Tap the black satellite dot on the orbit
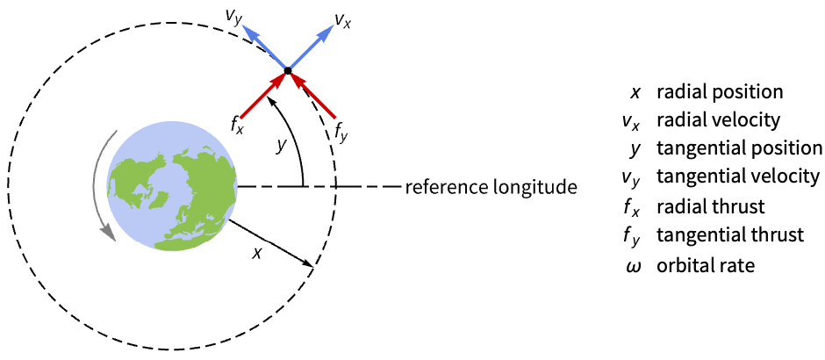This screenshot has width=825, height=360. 288,69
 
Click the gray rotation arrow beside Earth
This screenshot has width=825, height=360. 97,189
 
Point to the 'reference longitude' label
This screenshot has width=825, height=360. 491,187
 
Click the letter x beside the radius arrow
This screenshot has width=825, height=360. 256,252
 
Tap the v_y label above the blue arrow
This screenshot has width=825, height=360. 233,17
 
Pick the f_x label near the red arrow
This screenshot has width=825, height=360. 237,126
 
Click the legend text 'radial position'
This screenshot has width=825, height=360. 720,91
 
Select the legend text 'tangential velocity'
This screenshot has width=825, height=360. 737,176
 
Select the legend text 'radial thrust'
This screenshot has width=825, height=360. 711,206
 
